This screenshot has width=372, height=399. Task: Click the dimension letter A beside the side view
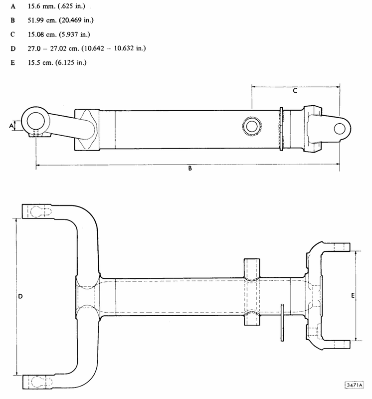click(11, 126)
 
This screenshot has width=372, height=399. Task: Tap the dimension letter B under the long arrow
click(190, 168)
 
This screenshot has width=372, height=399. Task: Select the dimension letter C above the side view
click(295, 91)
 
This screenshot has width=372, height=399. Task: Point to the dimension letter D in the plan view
click(20, 296)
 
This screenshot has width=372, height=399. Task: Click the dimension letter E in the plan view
click(353, 295)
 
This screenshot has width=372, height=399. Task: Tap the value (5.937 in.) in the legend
click(75, 34)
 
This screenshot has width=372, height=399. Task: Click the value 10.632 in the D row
click(124, 48)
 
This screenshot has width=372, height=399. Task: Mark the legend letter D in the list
click(13, 48)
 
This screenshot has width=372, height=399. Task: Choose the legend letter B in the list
click(13, 20)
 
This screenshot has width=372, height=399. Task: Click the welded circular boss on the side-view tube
click(252, 126)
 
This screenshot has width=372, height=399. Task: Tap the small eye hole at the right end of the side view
click(340, 129)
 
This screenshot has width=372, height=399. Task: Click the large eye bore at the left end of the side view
click(35, 121)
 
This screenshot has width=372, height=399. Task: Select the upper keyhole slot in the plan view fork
click(41, 211)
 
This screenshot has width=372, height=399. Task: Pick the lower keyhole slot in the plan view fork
click(41, 382)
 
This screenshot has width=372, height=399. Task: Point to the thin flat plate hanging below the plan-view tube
click(282, 322)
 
